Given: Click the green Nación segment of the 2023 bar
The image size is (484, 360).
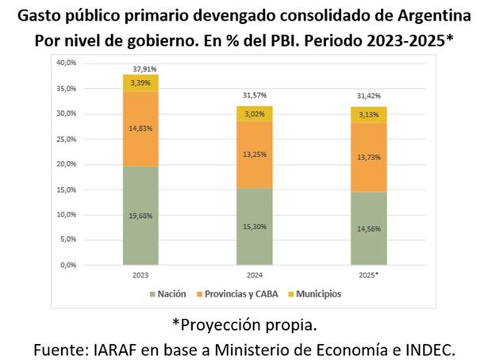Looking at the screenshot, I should pyautogui.click(x=140, y=215).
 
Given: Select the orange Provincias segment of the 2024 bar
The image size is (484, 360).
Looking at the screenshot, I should pyautogui.click(x=254, y=155).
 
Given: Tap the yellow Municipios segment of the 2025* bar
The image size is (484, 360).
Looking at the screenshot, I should pyautogui.click(x=370, y=114).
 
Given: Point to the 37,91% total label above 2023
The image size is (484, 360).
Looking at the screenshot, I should pyautogui.click(x=140, y=68).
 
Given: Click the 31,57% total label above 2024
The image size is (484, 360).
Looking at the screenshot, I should pyautogui.click(x=255, y=98).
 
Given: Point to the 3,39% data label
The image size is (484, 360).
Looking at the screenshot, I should pyautogui.click(x=140, y=82).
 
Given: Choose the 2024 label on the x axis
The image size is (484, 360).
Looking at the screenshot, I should pyautogui.click(x=254, y=274).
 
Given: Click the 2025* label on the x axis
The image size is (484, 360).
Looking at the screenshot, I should pyautogui.click(x=370, y=274).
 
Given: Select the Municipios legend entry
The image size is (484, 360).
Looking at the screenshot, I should pyautogui.click(x=314, y=293).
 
